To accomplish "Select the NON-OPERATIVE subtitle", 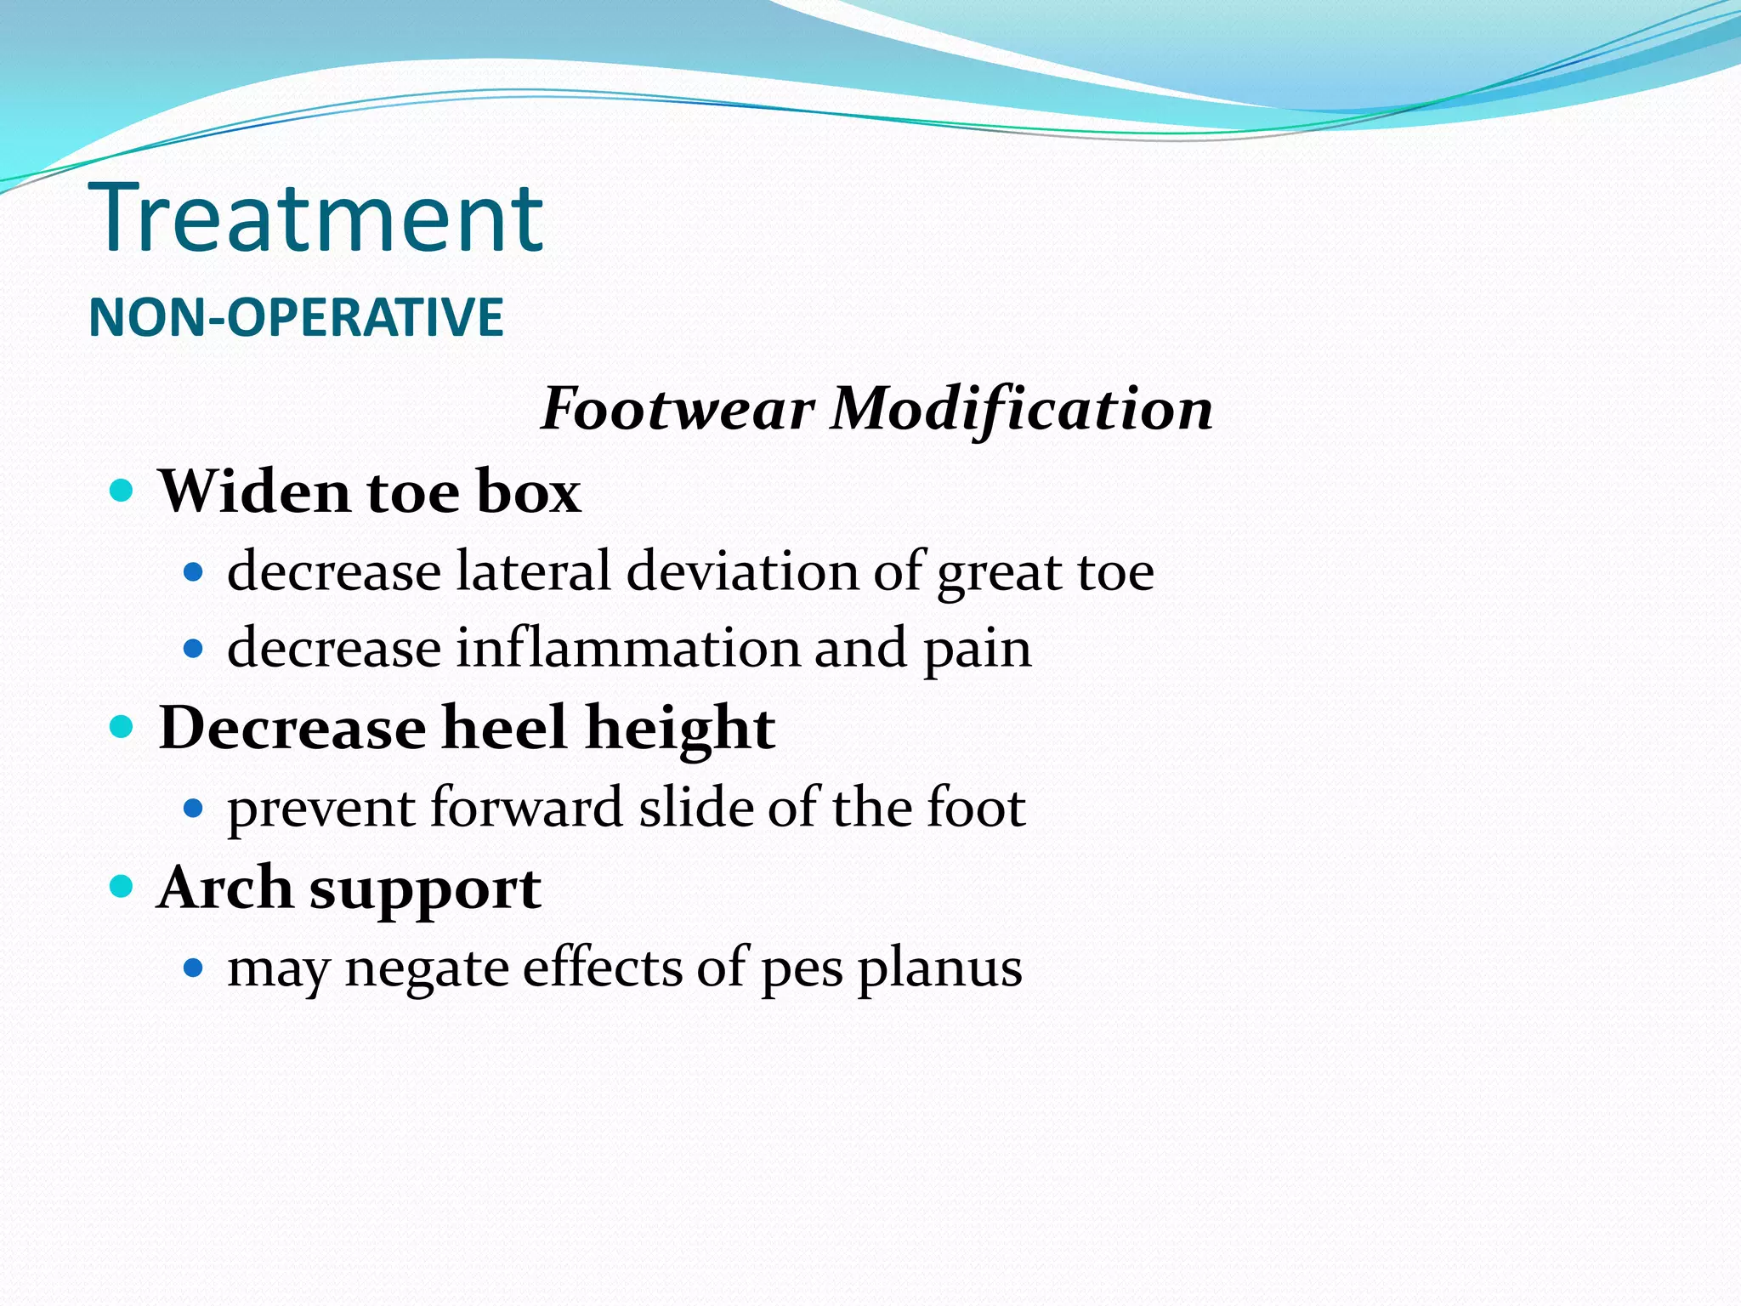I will pyautogui.click(x=296, y=317).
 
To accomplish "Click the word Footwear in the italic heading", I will pyautogui.click(x=677, y=410).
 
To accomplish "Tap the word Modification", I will pyautogui.click(x=1022, y=410).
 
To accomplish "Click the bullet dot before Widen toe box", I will pyautogui.click(x=122, y=491).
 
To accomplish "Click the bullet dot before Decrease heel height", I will pyautogui.click(x=122, y=727).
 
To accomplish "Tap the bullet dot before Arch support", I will pyautogui.click(x=122, y=887).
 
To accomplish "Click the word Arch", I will pyautogui.click(x=225, y=888).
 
